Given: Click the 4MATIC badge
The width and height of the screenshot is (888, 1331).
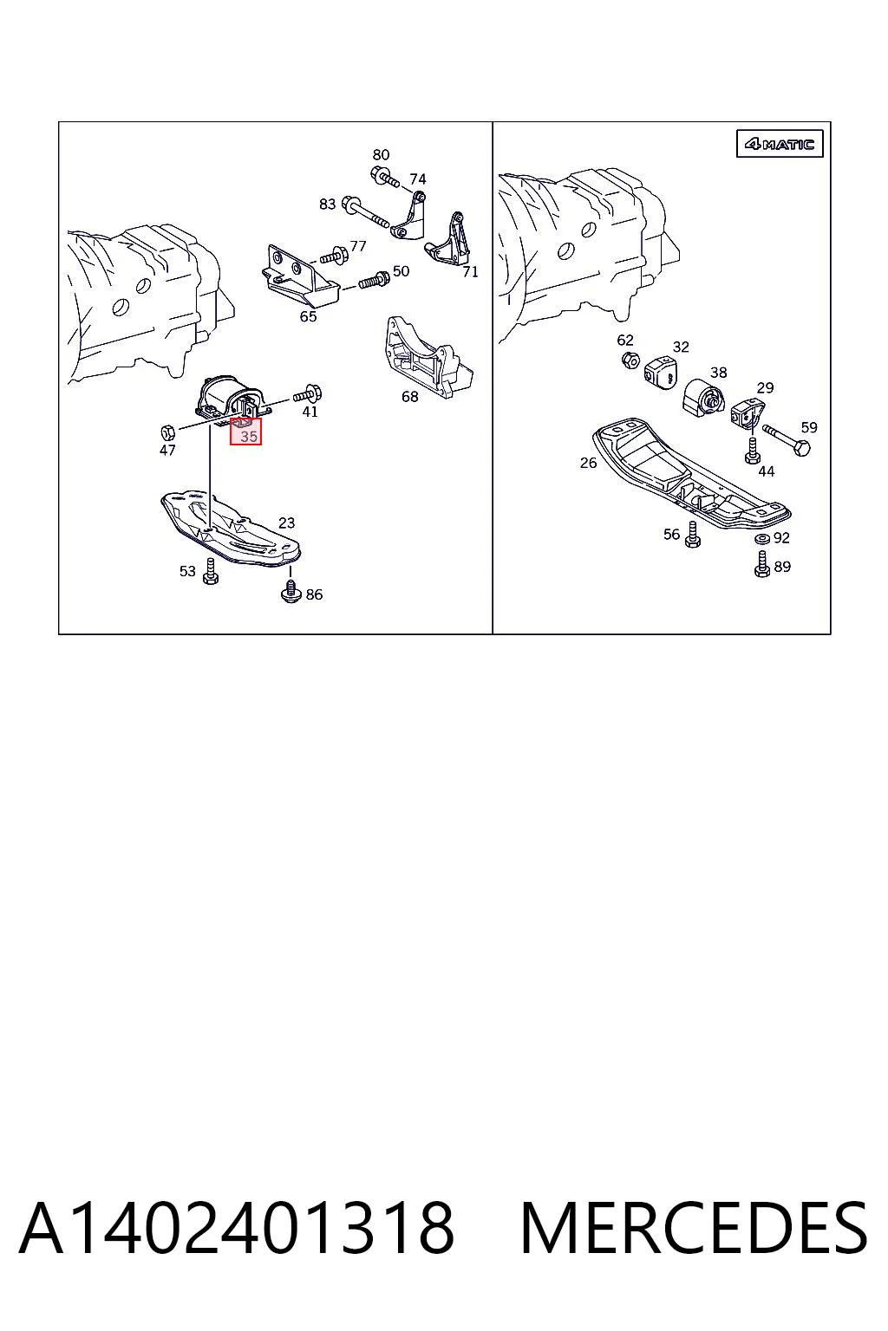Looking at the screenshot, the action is point(779,143).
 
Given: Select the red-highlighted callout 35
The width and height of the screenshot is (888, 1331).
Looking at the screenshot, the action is point(245,431).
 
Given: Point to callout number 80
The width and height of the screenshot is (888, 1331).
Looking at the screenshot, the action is point(381,155).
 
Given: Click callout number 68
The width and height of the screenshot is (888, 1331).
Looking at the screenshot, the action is point(410,396).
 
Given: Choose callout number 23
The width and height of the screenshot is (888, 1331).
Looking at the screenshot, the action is point(287,523).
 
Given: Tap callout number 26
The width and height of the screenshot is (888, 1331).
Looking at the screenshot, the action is point(588,463).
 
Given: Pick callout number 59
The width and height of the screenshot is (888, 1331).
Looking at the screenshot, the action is point(809,427).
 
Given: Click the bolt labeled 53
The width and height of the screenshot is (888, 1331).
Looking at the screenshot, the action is point(210,572).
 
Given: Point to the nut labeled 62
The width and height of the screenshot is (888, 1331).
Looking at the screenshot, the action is point(630,360).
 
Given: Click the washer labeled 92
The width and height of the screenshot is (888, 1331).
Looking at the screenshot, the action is point(761,539).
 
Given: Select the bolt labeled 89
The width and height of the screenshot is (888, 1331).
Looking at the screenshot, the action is point(762,564).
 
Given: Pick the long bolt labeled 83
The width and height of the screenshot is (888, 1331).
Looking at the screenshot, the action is point(366,212).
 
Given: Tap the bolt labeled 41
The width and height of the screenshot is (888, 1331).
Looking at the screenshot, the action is point(308,393).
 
